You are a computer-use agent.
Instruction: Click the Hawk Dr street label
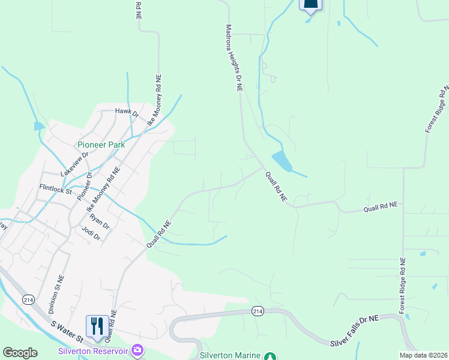click(x=127, y=112)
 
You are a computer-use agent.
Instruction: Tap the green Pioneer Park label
click(x=100, y=145)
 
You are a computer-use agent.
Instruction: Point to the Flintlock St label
click(x=55, y=189)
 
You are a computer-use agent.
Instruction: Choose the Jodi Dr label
click(x=92, y=233)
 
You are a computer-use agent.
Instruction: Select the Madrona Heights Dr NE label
click(x=234, y=58)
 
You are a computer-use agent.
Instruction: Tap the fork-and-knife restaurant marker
click(x=97, y=326)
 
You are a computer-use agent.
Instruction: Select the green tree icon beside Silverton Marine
click(x=271, y=356)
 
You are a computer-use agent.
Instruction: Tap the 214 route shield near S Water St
click(x=28, y=298)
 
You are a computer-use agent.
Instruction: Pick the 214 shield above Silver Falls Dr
click(x=258, y=311)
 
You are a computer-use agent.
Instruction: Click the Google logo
click(x=20, y=353)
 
